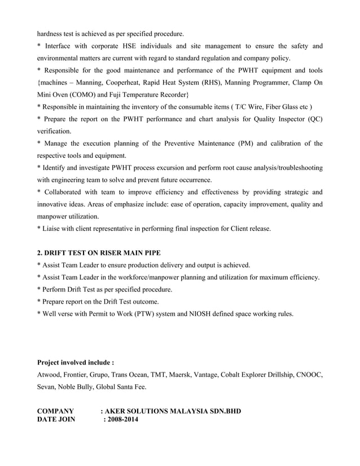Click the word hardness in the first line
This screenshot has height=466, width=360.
point(50,33)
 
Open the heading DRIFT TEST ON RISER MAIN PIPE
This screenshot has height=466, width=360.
point(99,253)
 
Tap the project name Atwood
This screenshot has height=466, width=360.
point(49,375)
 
